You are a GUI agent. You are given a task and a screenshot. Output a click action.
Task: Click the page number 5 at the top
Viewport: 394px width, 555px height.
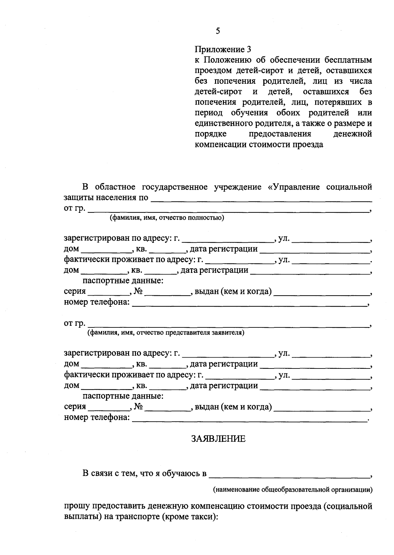tap(218, 31)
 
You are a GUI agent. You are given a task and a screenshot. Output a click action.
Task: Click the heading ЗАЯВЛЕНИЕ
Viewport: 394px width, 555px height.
tap(218, 439)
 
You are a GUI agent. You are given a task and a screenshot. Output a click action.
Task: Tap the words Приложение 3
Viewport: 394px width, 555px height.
tap(223, 50)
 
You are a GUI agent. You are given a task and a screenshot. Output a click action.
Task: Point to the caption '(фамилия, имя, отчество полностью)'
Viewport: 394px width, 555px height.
tap(167, 218)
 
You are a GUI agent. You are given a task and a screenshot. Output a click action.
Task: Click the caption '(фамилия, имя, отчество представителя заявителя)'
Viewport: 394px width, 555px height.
tap(165, 333)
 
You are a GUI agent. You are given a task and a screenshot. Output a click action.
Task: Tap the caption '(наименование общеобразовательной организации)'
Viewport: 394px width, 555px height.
tap(293, 490)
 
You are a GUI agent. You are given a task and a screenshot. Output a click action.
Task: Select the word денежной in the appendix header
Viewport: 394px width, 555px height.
tap(353, 134)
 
